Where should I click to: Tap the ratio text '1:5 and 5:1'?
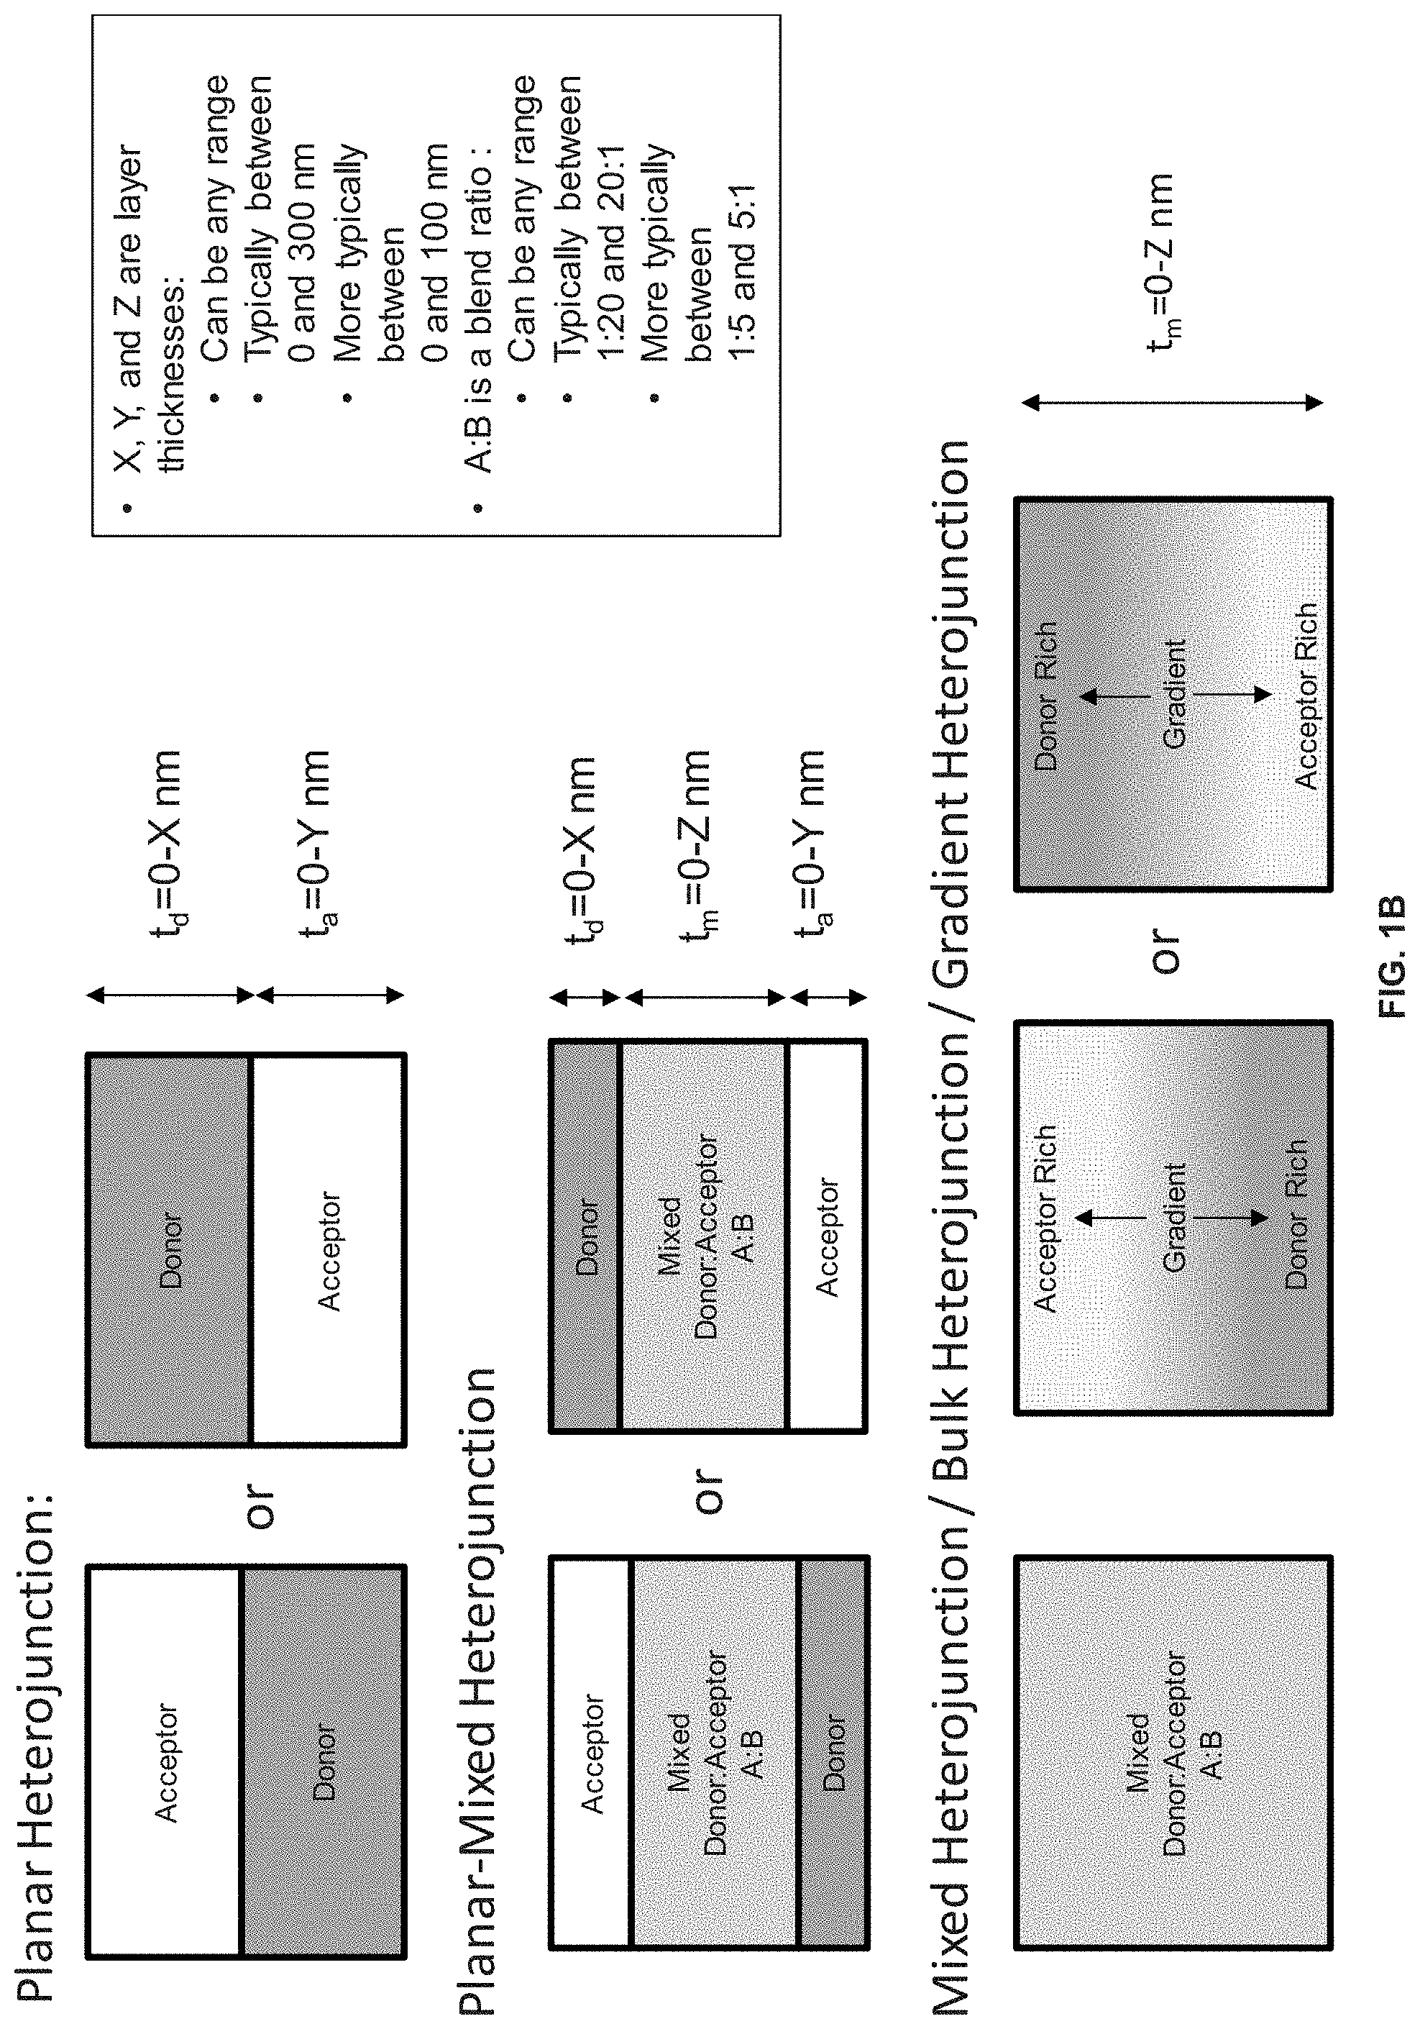coord(741,270)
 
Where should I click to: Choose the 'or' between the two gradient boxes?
coord(1165,951)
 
